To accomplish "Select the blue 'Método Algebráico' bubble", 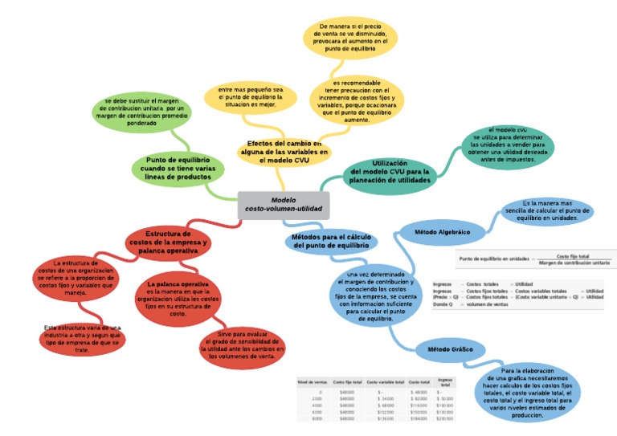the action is [x=441, y=231].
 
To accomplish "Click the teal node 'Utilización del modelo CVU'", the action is [x=390, y=172].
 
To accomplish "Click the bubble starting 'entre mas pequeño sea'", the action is [x=246, y=96].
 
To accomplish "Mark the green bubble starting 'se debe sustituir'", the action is [x=141, y=112].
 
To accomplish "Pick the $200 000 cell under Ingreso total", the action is [x=444, y=418].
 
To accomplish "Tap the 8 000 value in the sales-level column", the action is [x=317, y=418].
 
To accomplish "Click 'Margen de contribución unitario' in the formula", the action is [x=574, y=263].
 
